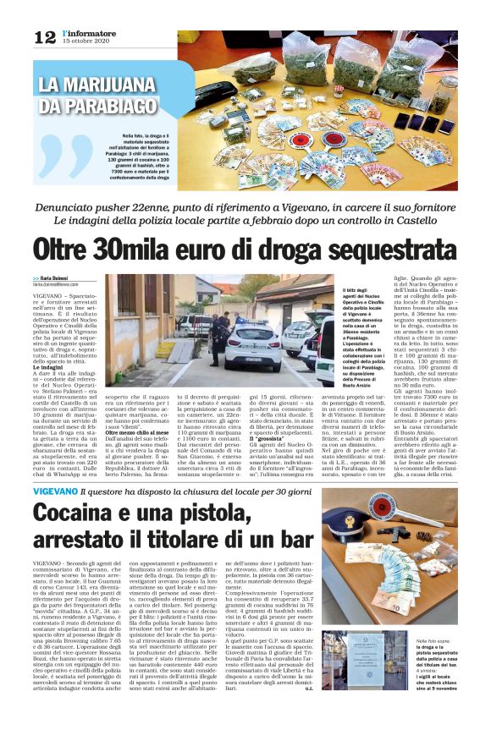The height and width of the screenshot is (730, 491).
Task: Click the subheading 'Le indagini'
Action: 48,369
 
